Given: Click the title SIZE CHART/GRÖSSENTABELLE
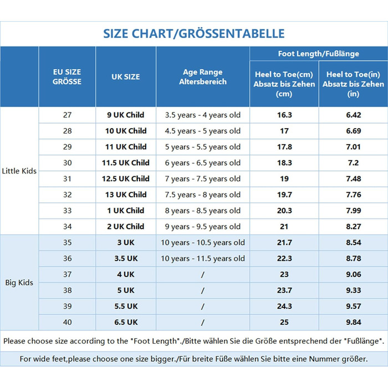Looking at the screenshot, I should pyautogui.click(x=193, y=34).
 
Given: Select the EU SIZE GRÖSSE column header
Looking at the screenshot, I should pyautogui.click(x=67, y=76).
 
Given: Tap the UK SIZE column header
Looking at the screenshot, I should pyautogui.click(x=126, y=76).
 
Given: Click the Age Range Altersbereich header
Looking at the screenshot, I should pyautogui.click(x=203, y=76).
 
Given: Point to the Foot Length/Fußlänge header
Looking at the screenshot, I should pyautogui.click(x=318, y=54).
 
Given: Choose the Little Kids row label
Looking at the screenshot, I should pyautogui.click(x=19, y=171).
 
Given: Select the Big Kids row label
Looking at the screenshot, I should pyautogui.click(x=19, y=283).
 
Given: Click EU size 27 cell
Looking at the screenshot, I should pyautogui.click(x=67, y=115).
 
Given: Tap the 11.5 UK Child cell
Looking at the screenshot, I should pyautogui.click(x=126, y=163).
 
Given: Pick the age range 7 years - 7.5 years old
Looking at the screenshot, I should pyautogui.click(x=203, y=179).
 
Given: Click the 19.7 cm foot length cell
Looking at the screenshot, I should pyautogui.click(x=284, y=195).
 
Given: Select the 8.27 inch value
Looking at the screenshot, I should pyautogui.click(x=353, y=227).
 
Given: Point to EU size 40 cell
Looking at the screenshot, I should pyautogui.click(x=67, y=323).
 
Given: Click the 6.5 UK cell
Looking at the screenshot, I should pyautogui.click(x=126, y=323).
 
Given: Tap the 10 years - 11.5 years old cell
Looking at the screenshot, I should pyautogui.click(x=203, y=259).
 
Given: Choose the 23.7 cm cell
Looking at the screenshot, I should pyautogui.click(x=284, y=290).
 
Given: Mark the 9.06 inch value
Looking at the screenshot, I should pyautogui.click(x=353, y=274).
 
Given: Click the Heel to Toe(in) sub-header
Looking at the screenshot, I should pyautogui.click(x=353, y=84).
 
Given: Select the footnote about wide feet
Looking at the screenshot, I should pyautogui.click(x=193, y=359).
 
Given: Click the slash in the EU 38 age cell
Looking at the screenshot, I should pyautogui.click(x=203, y=290).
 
